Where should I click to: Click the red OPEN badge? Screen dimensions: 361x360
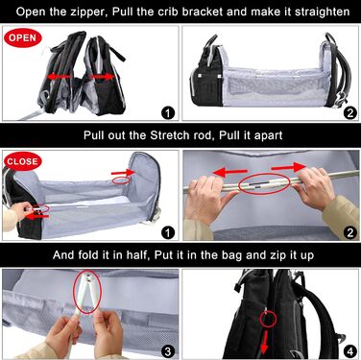23,37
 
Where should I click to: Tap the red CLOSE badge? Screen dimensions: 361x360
23,161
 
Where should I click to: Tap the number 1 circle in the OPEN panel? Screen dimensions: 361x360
168,112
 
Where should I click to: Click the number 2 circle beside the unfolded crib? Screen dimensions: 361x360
349,112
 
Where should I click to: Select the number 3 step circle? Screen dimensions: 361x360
168,352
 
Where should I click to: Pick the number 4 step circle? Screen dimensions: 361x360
349,352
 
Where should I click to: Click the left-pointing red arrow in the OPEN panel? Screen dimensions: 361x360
59,77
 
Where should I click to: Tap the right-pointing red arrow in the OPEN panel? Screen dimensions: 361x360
103,77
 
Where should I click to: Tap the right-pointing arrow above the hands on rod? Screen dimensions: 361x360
289,167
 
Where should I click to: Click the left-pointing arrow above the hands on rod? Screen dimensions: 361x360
229,173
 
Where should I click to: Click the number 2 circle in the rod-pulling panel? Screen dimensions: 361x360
349,232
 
